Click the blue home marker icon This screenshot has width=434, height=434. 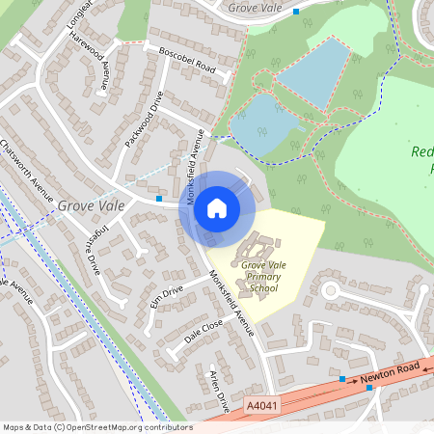tap(217, 208)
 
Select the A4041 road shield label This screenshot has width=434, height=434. tap(260, 408)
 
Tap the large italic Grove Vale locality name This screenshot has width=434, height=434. tap(91, 204)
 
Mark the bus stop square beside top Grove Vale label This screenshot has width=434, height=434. tap(296, 12)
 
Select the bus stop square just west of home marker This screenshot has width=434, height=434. tap(159, 199)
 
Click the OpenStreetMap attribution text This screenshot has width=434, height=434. tap(96, 427)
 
